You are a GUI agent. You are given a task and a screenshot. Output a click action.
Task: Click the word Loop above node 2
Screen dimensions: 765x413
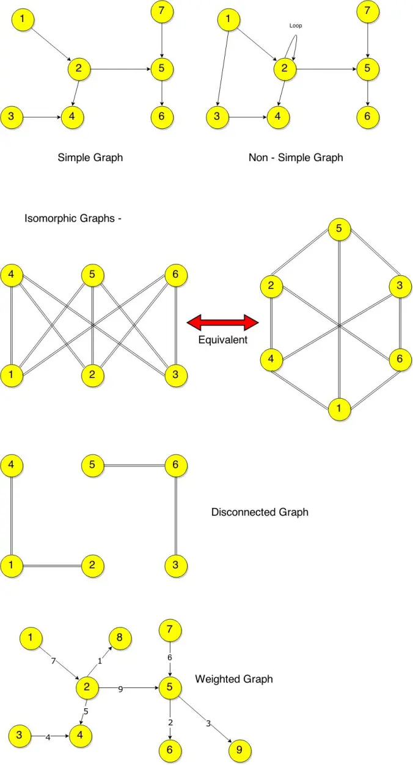tap(296, 26)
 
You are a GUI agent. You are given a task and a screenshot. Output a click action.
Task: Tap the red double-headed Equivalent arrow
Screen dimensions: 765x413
tap(223, 322)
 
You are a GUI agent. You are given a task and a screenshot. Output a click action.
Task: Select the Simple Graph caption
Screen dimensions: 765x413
tap(90, 158)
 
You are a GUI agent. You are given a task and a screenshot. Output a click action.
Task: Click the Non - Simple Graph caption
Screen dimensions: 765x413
tap(296, 158)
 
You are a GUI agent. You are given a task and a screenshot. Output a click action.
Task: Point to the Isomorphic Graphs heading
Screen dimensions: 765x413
tap(73, 218)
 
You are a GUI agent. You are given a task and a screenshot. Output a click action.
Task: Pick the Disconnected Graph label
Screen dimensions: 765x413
tap(260, 512)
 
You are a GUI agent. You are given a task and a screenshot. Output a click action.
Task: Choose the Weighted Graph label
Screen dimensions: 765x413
tap(234, 679)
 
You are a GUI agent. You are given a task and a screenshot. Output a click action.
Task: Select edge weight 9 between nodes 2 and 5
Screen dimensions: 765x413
tap(120, 689)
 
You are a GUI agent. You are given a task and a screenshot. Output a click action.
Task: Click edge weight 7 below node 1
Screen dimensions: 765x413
tap(54, 662)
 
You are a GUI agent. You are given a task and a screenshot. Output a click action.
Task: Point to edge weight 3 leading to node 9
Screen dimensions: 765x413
tap(208, 724)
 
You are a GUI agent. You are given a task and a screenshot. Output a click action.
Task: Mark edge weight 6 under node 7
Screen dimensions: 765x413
tap(170, 658)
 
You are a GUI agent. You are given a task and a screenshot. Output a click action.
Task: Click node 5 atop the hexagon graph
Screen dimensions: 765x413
tap(340, 230)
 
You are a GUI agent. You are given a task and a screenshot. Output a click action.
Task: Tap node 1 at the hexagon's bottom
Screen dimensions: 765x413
tap(340, 408)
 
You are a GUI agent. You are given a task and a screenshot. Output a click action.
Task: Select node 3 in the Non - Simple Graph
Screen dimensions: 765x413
tap(217, 116)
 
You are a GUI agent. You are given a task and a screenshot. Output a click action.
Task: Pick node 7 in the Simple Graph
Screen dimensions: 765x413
tap(161, 11)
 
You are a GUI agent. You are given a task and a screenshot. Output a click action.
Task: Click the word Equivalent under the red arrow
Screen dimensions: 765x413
tap(223, 340)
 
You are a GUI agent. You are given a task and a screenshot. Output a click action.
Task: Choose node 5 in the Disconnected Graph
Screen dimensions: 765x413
tap(92, 465)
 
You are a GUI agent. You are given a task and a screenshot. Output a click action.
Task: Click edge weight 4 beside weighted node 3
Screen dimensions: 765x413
tap(48, 738)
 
